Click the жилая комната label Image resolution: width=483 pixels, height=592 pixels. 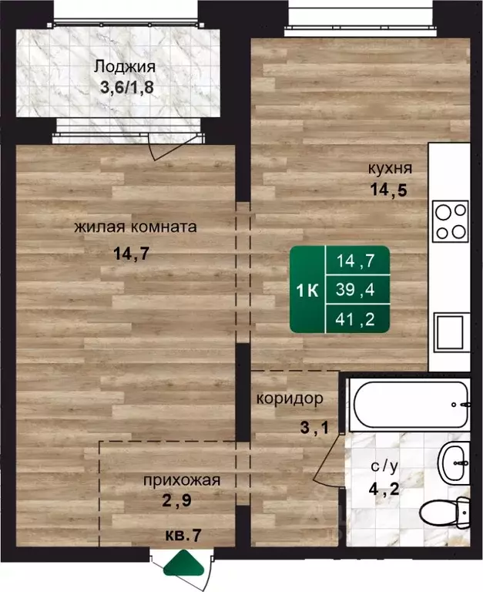(x=136, y=227)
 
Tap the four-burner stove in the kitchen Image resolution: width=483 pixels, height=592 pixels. (x=450, y=220)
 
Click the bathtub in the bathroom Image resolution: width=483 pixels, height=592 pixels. (x=408, y=405)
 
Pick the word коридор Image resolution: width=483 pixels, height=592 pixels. (x=290, y=400)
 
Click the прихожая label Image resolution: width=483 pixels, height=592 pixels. (x=182, y=480)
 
